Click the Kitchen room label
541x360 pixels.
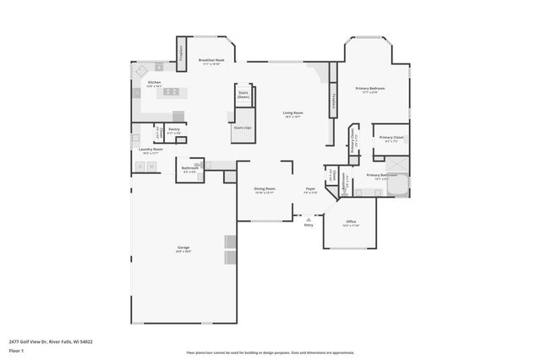coord(154,83)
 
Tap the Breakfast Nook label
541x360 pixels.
coord(210,62)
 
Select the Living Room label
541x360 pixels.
coord(292,114)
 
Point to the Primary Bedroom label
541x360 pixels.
coord(371,90)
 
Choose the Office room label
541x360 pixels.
coord(350,224)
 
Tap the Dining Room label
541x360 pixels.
coord(265,191)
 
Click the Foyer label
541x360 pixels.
coord(310,191)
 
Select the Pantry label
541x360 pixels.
coord(173,131)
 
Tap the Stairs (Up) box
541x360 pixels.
coord(242,128)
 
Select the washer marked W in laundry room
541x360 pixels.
coord(152,166)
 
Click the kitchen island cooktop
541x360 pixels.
coord(171,91)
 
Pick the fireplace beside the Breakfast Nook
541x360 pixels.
coord(182,52)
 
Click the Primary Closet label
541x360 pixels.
coord(391,139)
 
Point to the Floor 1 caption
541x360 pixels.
coord(16,349)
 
